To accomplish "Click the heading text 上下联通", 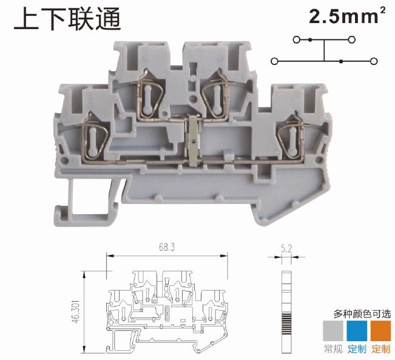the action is (67, 19).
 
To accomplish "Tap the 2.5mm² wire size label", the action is (348, 16).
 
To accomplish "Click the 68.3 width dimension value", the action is (167, 247).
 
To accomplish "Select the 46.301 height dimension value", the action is (75, 311).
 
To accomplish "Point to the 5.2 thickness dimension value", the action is (286, 249).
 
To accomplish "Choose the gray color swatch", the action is (333, 330).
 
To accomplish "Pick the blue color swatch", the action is (357, 330).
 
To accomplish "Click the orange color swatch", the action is (380, 330).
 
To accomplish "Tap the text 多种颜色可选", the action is (362, 314).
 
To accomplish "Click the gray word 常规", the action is (333, 349).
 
